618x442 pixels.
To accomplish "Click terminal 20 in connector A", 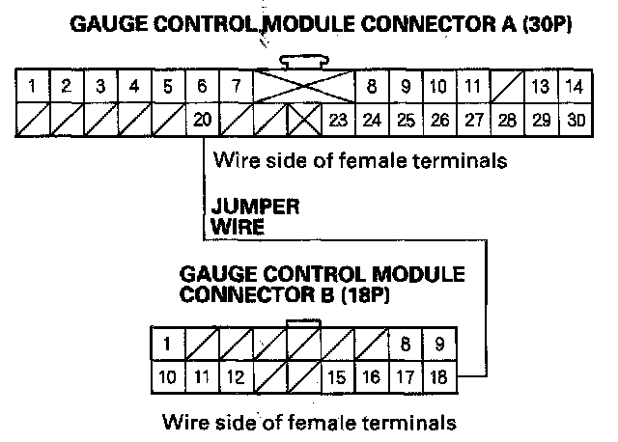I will coord(202,121).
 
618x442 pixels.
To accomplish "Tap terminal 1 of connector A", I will coord(33,87).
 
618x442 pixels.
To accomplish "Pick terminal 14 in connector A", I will coord(575,87).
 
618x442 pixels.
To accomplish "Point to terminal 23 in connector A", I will coord(337,121).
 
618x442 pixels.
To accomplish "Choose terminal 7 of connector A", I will coord(235,87).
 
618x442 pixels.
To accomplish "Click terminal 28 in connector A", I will coord(506,121).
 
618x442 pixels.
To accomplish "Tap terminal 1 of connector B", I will coord(167,342).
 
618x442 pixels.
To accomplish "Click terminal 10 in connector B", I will coord(167,376).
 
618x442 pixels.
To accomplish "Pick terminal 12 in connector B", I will coord(235,376).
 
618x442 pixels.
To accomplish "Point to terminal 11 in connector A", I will coord(472,87).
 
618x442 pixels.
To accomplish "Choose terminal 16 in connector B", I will coord(371,376).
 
